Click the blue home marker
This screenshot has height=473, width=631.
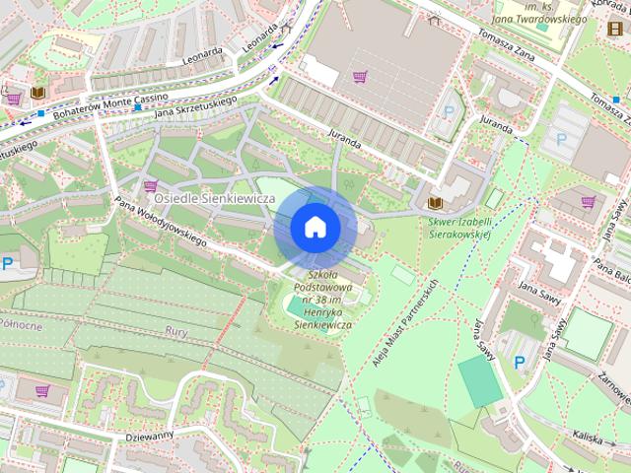coord(315,227)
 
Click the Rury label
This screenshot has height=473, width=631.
coord(176,331)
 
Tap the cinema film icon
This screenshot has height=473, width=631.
coord(616,27)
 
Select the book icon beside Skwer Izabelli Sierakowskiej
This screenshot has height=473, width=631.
coord(435,203)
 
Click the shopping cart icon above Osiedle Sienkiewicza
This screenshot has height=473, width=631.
coord(151,185)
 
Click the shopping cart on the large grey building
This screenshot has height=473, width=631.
coord(361,76)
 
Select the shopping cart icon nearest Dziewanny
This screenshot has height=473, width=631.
coord(42,391)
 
